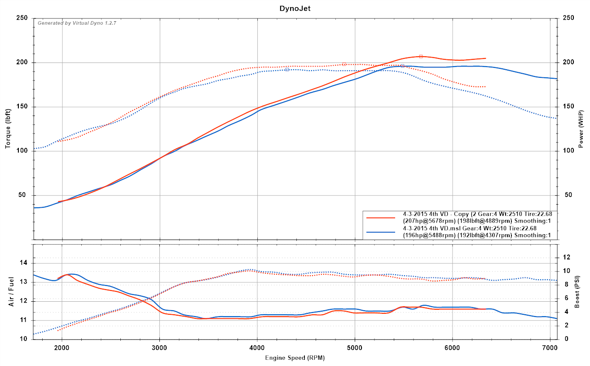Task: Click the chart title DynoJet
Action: pos(295,8)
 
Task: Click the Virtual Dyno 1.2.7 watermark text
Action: pos(77,23)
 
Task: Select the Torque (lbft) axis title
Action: pos(8,129)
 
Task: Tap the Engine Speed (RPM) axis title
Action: pos(295,358)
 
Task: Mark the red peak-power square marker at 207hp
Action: pos(421,57)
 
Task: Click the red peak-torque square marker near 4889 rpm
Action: pos(344,64)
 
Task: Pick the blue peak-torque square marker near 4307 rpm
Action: pos(287,69)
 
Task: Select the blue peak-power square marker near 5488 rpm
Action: pos(402,66)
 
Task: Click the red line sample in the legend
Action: pos(381,218)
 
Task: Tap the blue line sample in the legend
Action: pos(381,232)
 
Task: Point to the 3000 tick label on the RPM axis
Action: pos(160,348)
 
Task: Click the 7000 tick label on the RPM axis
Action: pos(550,348)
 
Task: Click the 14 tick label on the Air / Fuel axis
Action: pos(25,263)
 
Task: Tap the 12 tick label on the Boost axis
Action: pos(566,257)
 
